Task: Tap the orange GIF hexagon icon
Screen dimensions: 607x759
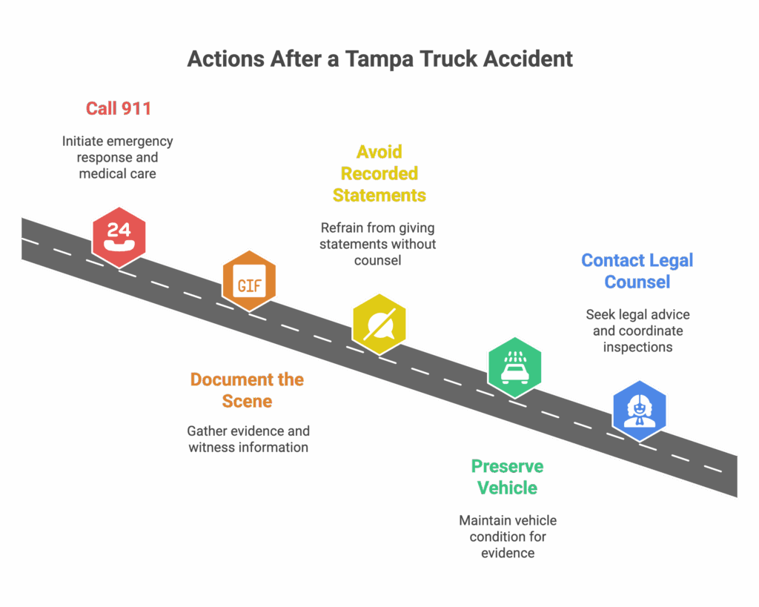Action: (x=249, y=281)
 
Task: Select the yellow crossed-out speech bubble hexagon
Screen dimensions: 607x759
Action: (x=379, y=324)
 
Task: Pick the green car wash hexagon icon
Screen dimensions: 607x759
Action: (x=514, y=366)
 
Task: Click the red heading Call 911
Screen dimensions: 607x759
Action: (x=119, y=109)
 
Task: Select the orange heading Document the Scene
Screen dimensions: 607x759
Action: (x=248, y=391)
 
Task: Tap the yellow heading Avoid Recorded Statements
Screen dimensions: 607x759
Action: (x=379, y=173)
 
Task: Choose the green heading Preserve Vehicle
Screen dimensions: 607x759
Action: (x=508, y=477)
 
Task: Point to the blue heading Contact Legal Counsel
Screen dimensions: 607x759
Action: (x=637, y=271)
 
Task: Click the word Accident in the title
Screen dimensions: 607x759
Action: (x=528, y=59)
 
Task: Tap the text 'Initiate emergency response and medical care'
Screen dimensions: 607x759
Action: (x=117, y=157)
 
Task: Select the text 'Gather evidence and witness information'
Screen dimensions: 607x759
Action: (x=248, y=439)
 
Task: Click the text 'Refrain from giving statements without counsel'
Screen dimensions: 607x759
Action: (x=378, y=244)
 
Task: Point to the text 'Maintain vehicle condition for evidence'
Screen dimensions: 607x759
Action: (x=508, y=537)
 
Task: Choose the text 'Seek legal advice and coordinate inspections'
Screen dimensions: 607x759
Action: (x=637, y=331)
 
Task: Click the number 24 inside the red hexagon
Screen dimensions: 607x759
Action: (x=119, y=229)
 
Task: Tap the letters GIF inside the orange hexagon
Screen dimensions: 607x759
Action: (x=249, y=285)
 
